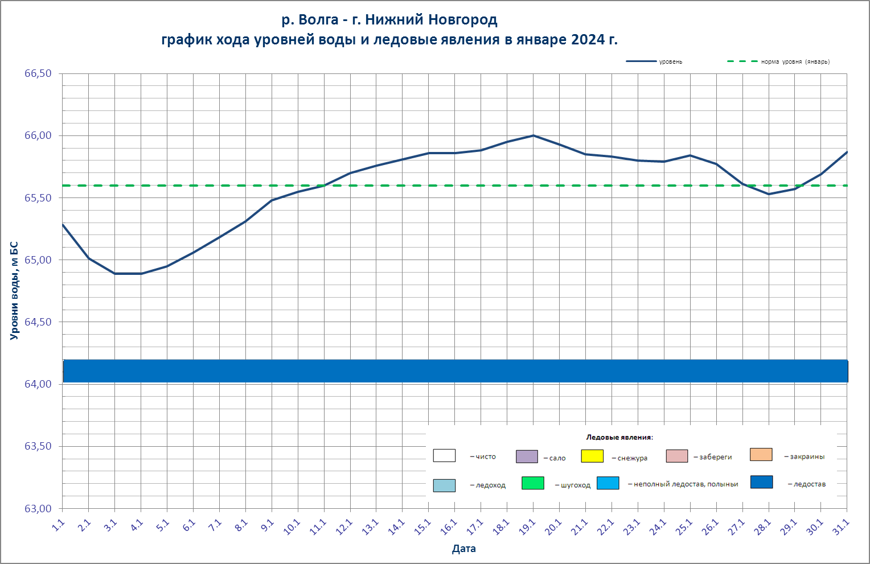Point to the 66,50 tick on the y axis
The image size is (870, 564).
38,73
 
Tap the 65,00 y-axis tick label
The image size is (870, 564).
38,260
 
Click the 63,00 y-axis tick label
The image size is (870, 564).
38,509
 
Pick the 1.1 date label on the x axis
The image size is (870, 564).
58,526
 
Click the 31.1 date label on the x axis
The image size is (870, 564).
840,527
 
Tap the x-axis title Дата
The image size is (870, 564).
463,549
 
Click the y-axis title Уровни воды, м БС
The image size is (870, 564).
14,291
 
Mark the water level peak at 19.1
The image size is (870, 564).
534,135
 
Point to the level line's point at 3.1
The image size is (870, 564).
115,274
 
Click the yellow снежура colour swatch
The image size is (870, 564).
592,456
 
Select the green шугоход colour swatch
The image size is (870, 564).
532,483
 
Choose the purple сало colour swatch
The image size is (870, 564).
527,456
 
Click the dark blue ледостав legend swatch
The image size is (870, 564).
761,482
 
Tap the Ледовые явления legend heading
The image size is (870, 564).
619,438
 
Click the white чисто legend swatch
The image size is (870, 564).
444,455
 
